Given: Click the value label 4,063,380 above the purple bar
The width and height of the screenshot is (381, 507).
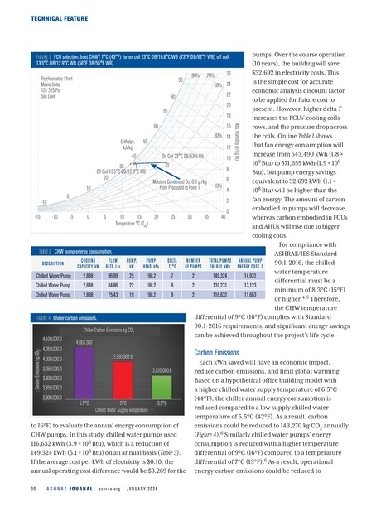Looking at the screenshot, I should pyautogui.click(x=84, y=342).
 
